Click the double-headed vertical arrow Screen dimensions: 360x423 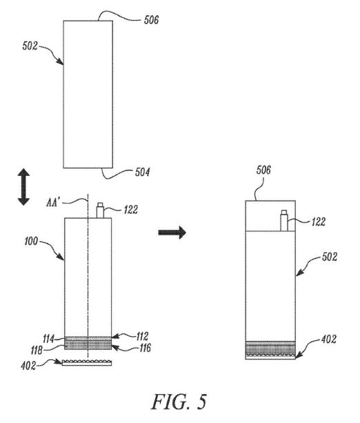23,187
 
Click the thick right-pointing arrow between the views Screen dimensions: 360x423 172,233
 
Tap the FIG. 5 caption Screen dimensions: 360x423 179,402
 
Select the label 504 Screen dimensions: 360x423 142,172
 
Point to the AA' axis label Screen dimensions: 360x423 52,202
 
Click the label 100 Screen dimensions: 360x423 31,242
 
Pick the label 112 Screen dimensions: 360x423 142,337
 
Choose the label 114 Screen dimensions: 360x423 49,339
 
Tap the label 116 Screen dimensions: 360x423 145,348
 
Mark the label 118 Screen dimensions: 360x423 37,350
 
